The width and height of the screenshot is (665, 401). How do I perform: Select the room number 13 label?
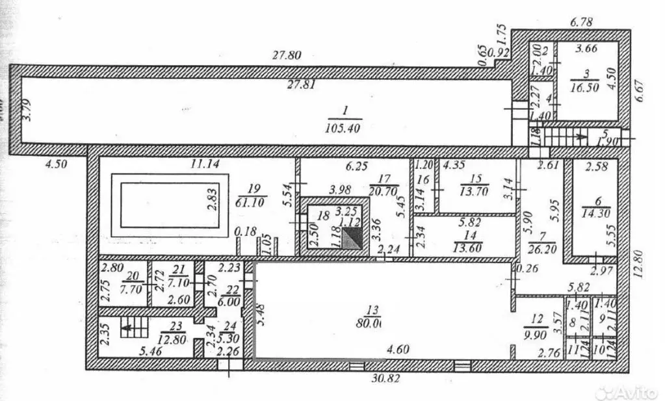tap(371, 310)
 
